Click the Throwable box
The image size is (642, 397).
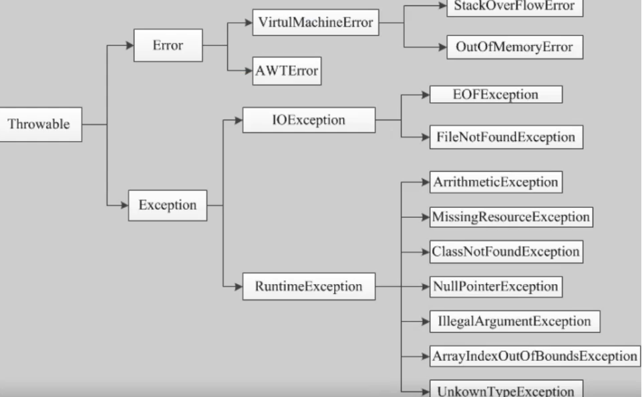coord(41,124)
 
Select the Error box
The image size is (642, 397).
coord(168,45)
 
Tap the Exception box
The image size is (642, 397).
coord(168,205)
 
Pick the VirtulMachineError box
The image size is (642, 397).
coord(316,23)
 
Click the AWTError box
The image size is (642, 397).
coord(287,71)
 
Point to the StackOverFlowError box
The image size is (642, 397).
coord(514,7)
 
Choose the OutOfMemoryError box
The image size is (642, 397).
coord(514,47)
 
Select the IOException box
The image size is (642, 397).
coord(309,120)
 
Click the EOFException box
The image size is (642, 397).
coord(496,95)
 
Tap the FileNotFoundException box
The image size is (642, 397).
coord(506,137)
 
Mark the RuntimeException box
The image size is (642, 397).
coord(309,286)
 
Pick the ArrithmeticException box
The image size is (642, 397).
coord(496,182)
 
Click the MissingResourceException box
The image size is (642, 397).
coord(511,217)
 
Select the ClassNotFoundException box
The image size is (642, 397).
coord(506,251)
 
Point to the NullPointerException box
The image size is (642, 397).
coord(496,286)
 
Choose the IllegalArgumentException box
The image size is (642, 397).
coord(514,321)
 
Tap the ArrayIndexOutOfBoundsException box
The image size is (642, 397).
coord(534,356)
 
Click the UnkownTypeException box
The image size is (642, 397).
coord(506,388)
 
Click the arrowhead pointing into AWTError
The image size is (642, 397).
coord(248,71)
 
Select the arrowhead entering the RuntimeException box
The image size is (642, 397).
coord(238,286)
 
